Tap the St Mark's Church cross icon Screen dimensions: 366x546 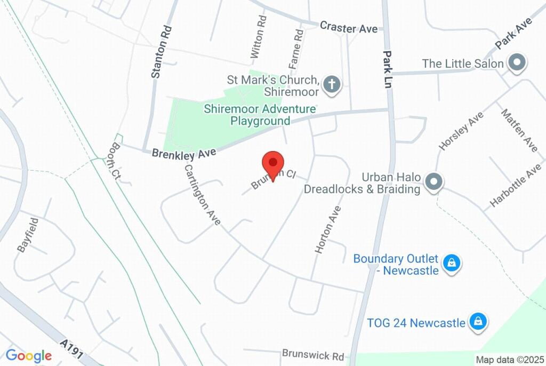coord(332,84)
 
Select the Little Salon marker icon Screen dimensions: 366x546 coord(516,63)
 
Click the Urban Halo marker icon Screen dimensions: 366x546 coord(434,182)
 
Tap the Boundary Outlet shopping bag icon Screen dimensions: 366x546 coord(451,263)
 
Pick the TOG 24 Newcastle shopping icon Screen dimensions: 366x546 coord(478,322)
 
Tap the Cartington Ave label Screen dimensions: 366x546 coord(202,194)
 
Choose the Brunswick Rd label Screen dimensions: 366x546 coord(313,354)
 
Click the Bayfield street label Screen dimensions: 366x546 coord(28,234)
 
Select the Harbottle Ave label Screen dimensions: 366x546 coord(516,189)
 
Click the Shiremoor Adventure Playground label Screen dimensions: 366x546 coord(260,115)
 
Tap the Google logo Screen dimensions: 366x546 coord(29,356)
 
